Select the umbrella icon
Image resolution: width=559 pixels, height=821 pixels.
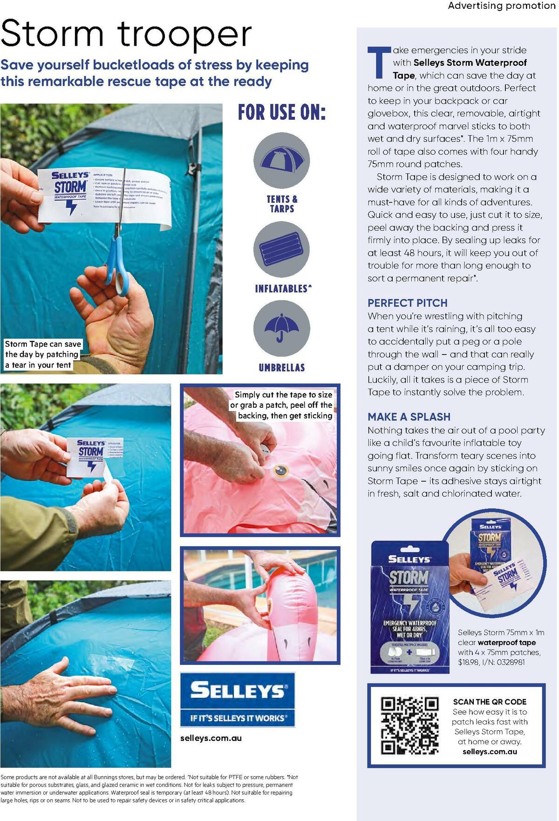(x=282, y=328)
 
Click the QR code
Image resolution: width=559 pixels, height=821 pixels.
(x=409, y=725)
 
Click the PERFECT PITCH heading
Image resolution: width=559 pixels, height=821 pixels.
(x=407, y=303)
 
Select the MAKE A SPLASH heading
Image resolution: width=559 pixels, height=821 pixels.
(x=409, y=417)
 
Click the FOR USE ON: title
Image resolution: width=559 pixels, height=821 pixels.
(x=281, y=112)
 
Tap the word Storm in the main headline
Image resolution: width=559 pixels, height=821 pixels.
(x=52, y=34)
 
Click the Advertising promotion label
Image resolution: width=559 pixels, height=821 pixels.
(x=501, y=6)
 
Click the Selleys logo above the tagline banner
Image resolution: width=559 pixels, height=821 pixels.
(x=238, y=690)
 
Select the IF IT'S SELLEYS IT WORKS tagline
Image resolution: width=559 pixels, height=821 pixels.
(x=238, y=718)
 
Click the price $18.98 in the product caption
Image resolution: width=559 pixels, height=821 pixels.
(x=469, y=662)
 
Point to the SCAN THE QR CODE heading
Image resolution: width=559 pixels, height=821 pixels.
(x=490, y=702)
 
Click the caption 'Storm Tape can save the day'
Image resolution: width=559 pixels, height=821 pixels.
(x=42, y=354)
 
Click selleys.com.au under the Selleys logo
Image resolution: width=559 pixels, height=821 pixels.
(x=211, y=738)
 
